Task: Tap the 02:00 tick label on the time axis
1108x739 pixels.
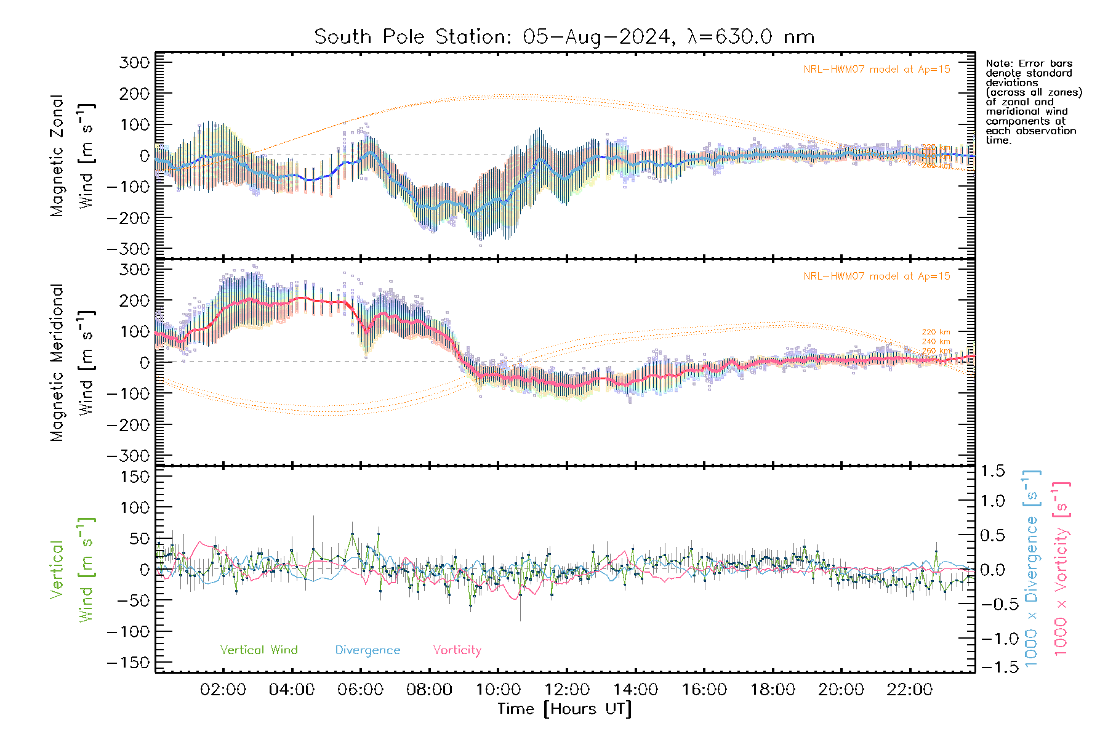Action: tap(223, 690)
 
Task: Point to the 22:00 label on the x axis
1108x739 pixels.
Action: tap(909, 690)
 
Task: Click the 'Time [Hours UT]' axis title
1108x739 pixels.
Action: tap(564, 709)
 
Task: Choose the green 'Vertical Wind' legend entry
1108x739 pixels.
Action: tap(259, 650)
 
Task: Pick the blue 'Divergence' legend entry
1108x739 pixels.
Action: tap(367, 650)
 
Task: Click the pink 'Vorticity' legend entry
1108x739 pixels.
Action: tap(457, 650)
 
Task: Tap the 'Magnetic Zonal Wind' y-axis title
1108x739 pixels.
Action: tap(73, 156)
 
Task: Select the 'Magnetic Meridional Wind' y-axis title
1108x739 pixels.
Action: tap(73, 363)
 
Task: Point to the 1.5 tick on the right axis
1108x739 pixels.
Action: tap(992, 471)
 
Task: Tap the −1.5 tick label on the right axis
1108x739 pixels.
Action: tap(992, 667)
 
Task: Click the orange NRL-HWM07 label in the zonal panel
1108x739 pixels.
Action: tap(877, 70)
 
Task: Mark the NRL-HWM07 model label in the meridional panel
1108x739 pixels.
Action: tap(877, 277)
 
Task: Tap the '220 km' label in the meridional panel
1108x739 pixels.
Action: tap(936, 333)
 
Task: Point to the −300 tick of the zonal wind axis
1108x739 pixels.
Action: tap(127, 249)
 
